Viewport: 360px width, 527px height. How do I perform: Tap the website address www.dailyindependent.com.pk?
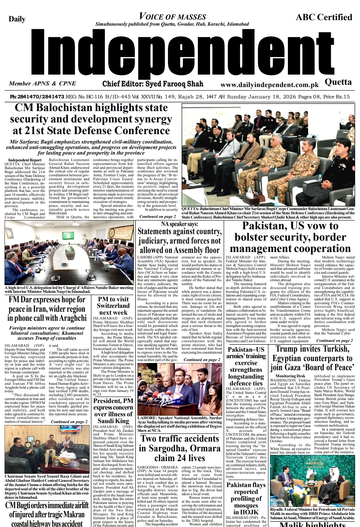[x=269, y=85]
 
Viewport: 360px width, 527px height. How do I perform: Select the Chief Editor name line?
[x=153, y=84]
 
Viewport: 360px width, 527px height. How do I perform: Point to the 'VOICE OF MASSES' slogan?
[x=173, y=17]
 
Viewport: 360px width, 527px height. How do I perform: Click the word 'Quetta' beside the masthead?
[x=338, y=82]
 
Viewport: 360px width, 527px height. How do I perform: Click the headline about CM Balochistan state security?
[x=91, y=119]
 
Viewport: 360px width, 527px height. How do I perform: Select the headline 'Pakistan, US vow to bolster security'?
[x=290, y=237]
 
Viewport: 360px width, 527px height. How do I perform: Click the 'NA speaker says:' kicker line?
[x=179, y=224]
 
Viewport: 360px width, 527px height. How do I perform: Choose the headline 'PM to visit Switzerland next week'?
[x=113, y=306]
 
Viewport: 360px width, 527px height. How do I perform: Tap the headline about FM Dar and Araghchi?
[x=47, y=308]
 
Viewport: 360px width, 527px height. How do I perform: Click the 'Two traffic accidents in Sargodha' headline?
[x=179, y=448]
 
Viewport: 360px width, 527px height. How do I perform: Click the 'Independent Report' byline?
[x=25, y=160]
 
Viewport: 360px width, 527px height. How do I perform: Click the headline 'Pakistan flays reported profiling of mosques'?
[x=246, y=498]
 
